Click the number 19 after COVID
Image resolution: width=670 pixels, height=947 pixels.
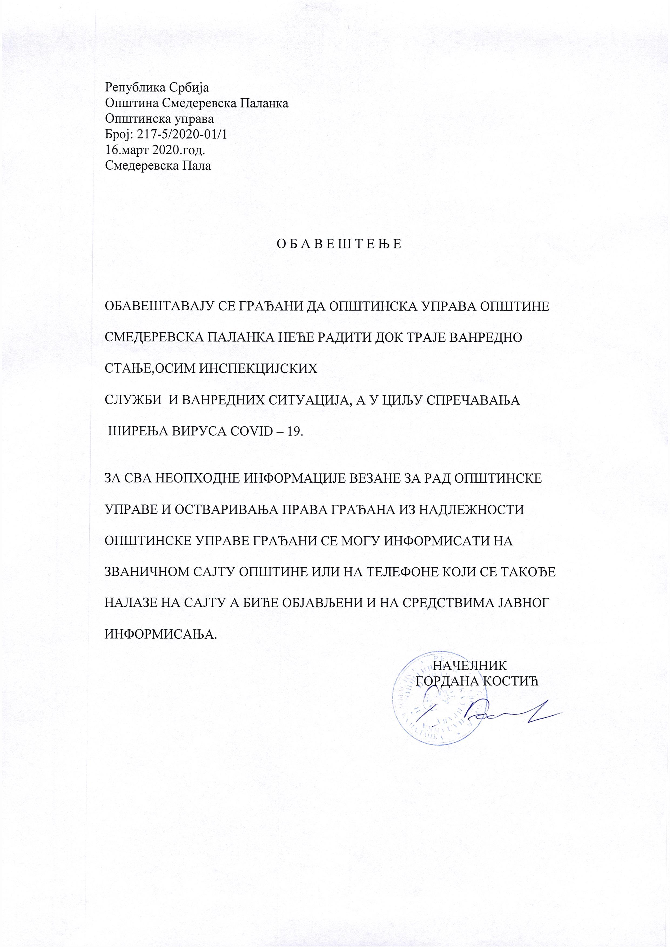click(x=294, y=432)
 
